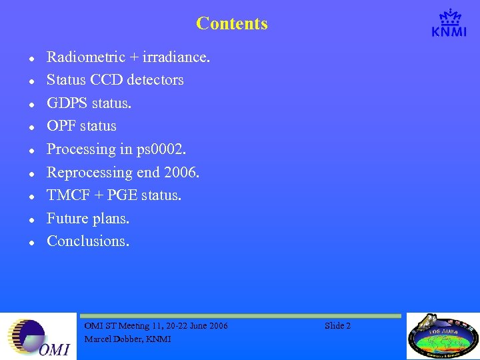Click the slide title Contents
click(232, 24)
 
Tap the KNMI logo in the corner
click(449, 23)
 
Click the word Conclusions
click(87, 241)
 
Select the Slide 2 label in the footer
click(337, 325)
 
